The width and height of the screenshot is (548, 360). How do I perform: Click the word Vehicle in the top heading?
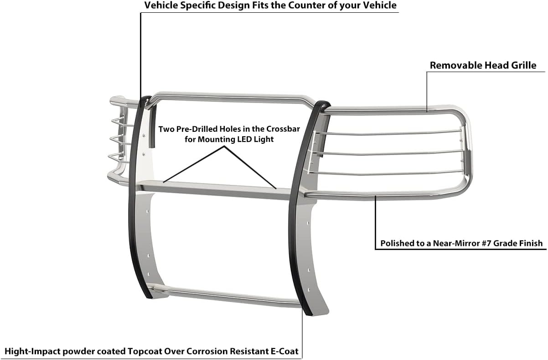tap(159, 6)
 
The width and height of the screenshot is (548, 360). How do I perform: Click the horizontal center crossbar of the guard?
tap(214, 188)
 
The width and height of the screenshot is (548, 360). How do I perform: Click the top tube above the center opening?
tap(228, 95)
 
